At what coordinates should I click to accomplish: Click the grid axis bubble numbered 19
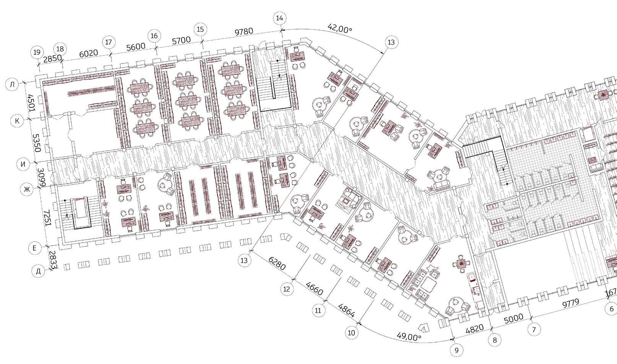(x=37, y=52)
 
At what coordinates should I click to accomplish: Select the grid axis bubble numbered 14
(x=280, y=18)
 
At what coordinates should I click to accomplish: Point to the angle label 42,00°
(x=339, y=28)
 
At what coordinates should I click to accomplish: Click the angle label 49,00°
(x=409, y=336)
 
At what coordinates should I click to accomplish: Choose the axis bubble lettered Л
(x=12, y=85)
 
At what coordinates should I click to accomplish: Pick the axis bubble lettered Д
(x=38, y=272)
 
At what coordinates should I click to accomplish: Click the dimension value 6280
(x=277, y=264)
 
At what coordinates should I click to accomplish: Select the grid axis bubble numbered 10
(x=351, y=333)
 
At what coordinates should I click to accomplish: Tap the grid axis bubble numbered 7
(x=534, y=329)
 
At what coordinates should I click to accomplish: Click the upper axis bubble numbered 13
(x=391, y=42)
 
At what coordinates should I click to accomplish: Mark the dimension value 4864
(x=346, y=311)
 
